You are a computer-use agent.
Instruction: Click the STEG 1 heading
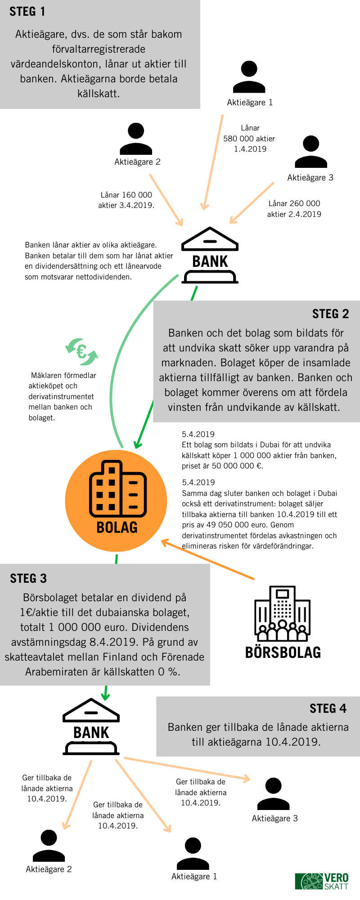27,12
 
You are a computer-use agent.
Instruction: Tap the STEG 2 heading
330,314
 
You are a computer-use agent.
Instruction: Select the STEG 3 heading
28,579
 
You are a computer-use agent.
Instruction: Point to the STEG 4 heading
328,709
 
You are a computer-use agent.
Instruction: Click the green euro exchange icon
81,351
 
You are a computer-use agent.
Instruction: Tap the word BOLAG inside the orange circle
117,527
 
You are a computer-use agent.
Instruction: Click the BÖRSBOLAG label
283,652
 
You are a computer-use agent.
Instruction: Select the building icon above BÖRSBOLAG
282,614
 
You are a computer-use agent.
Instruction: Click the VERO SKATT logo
322,881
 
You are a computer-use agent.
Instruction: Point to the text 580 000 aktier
249,139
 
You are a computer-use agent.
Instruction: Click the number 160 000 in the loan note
137,195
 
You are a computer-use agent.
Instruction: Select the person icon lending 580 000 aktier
249,77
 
